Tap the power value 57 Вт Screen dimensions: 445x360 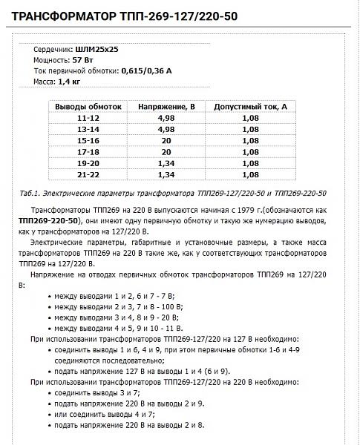click(84, 59)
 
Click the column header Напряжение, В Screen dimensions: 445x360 click(166, 108)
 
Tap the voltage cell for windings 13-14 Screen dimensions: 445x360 click(166, 129)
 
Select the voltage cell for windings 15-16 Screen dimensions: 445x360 click(166, 140)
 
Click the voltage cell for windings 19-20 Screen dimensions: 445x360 click(166, 162)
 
